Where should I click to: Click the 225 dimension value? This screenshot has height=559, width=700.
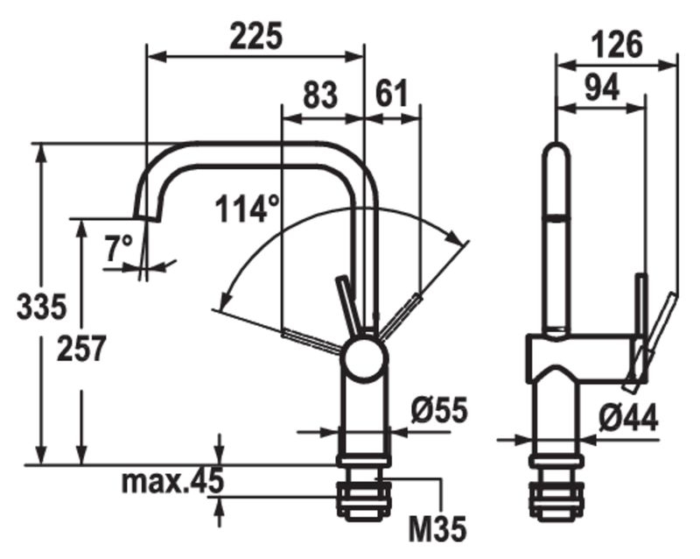(x=255, y=36)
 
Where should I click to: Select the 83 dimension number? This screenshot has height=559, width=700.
(x=320, y=95)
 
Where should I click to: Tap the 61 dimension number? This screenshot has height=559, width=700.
(x=392, y=94)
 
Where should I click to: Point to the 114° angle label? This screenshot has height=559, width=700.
(x=247, y=209)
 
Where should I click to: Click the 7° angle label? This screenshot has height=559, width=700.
(x=119, y=248)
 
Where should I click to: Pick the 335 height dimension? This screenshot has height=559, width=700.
(x=41, y=307)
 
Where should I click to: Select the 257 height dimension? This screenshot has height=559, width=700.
(x=81, y=349)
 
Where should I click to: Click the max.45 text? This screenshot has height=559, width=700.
(x=172, y=481)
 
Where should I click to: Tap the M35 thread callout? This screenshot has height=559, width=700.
(x=437, y=528)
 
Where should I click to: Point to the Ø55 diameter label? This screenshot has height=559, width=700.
(x=439, y=410)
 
